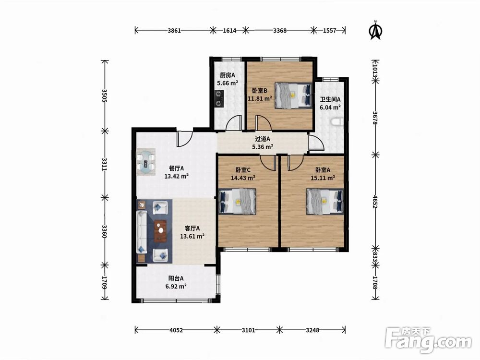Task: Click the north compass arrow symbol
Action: (376, 30)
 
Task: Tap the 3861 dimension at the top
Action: (175, 30)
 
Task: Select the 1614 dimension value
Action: (229, 30)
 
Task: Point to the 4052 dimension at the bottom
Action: (176, 330)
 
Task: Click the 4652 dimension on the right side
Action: (376, 202)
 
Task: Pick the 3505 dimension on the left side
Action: (105, 96)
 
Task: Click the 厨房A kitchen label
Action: (228, 75)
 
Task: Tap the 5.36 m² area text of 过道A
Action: (263, 147)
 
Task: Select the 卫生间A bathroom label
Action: (330, 99)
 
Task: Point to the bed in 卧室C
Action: (238, 201)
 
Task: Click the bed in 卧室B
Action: (294, 95)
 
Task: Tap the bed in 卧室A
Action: (324, 202)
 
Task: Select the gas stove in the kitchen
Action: (218, 98)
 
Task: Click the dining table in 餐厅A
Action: (146, 162)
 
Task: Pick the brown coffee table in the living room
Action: (160, 231)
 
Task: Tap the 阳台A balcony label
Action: (176, 278)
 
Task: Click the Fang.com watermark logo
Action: (429, 340)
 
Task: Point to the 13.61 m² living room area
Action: (192, 236)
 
